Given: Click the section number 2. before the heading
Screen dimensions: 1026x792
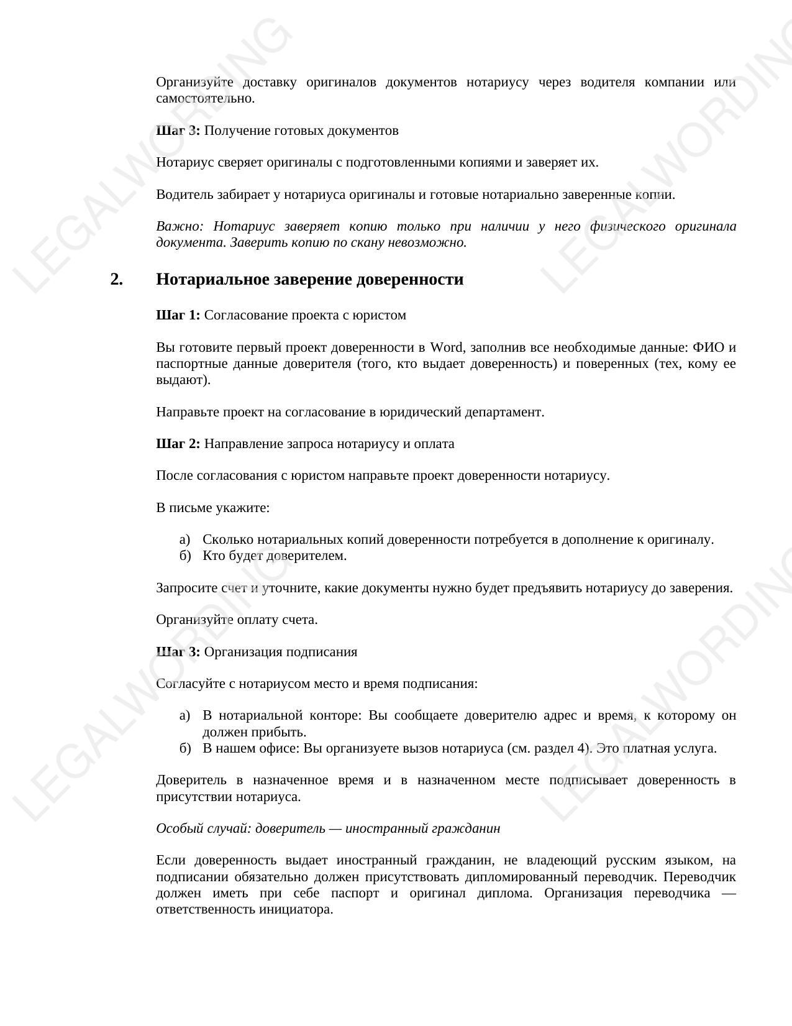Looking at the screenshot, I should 116,280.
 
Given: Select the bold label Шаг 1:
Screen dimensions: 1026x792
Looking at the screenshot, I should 178,315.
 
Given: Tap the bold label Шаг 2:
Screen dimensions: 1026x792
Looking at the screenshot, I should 178,444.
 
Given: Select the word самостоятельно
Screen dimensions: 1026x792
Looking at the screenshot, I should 205,98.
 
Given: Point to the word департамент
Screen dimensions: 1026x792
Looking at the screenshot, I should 507,412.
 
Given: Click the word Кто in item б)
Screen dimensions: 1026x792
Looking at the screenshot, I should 213,556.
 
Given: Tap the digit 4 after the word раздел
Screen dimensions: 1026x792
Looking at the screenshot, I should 581,748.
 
